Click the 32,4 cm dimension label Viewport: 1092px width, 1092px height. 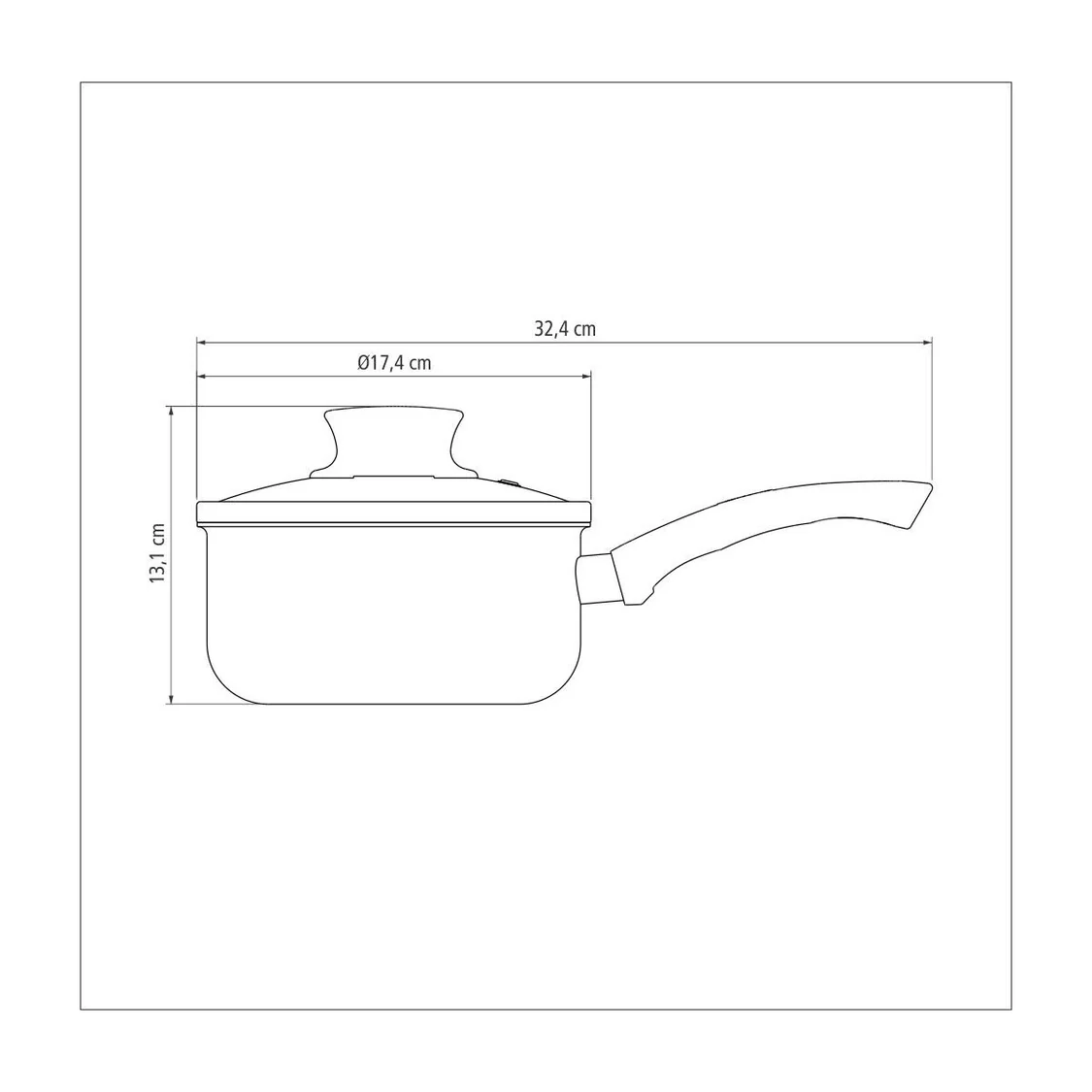point(565,329)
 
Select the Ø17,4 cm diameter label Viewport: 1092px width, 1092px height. point(394,363)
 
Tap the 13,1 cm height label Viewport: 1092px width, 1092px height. point(157,553)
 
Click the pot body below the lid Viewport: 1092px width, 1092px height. point(393,612)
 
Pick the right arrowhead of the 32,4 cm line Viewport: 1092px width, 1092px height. point(927,343)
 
